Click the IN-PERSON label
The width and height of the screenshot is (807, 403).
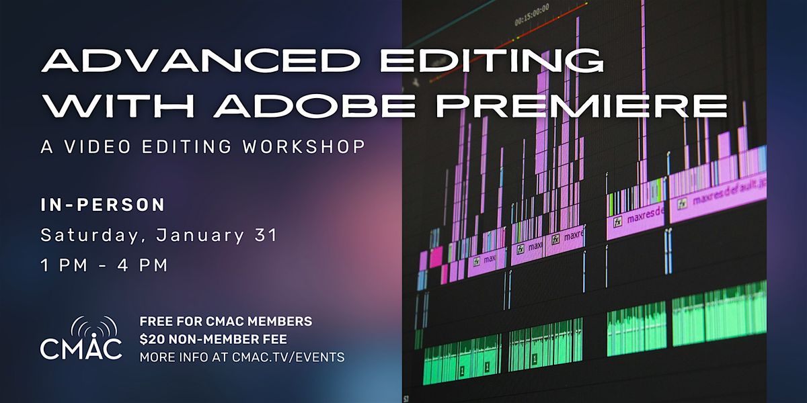pyautogui.click(x=103, y=204)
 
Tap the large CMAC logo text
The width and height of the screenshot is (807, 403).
pyautogui.click(x=81, y=348)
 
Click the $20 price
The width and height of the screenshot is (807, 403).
pyautogui.click(x=151, y=339)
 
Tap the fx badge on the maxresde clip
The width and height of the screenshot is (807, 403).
pyautogui.click(x=617, y=220)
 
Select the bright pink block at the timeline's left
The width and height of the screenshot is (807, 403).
pyautogui.click(x=436, y=257)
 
